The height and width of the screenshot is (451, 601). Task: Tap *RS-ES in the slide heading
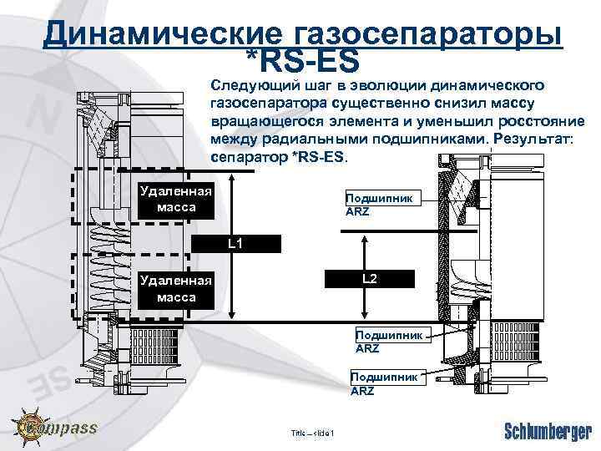tap(302, 60)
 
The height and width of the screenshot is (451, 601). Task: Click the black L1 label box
tap(235, 244)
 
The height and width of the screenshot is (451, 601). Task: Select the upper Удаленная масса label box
tap(176, 199)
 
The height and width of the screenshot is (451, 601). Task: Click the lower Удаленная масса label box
tap(176, 289)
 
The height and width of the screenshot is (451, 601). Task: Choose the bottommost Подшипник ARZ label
tap(383, 384)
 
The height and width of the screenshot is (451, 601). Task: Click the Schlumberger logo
tap(548, 431)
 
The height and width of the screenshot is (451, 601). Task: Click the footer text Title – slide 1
tap(312, 433)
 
